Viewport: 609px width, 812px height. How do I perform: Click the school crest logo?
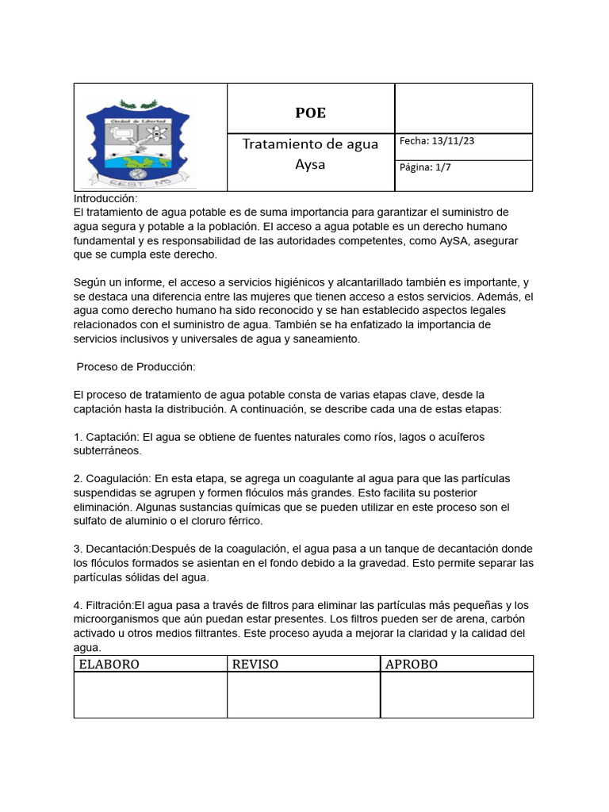[x=140, y=142]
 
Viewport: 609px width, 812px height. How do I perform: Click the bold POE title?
[x=310, y=113]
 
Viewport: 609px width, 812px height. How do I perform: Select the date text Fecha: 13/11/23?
[x=437, y=141]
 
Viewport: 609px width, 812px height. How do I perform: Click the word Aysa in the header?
[x=310, y=165]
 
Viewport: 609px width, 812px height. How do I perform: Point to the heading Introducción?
[x=105, y=198]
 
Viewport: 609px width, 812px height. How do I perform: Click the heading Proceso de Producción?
[x=136, y=367]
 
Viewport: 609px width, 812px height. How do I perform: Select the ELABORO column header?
[x=109, y=665]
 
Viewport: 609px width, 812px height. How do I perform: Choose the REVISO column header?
[x=255, y=665]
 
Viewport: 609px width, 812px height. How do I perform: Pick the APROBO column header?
[x=411, y=665]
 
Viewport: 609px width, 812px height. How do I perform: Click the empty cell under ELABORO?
[x=150, y=695]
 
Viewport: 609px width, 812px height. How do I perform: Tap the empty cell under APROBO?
[x=457, y=695]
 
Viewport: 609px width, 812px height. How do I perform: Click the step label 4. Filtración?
[x=107, y=606]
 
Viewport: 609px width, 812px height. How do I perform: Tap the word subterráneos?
[x=107, y=450]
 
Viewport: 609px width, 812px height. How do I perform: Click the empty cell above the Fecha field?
[x=463, y=108]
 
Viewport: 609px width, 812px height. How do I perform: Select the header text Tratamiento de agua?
[x=310, y=144]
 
